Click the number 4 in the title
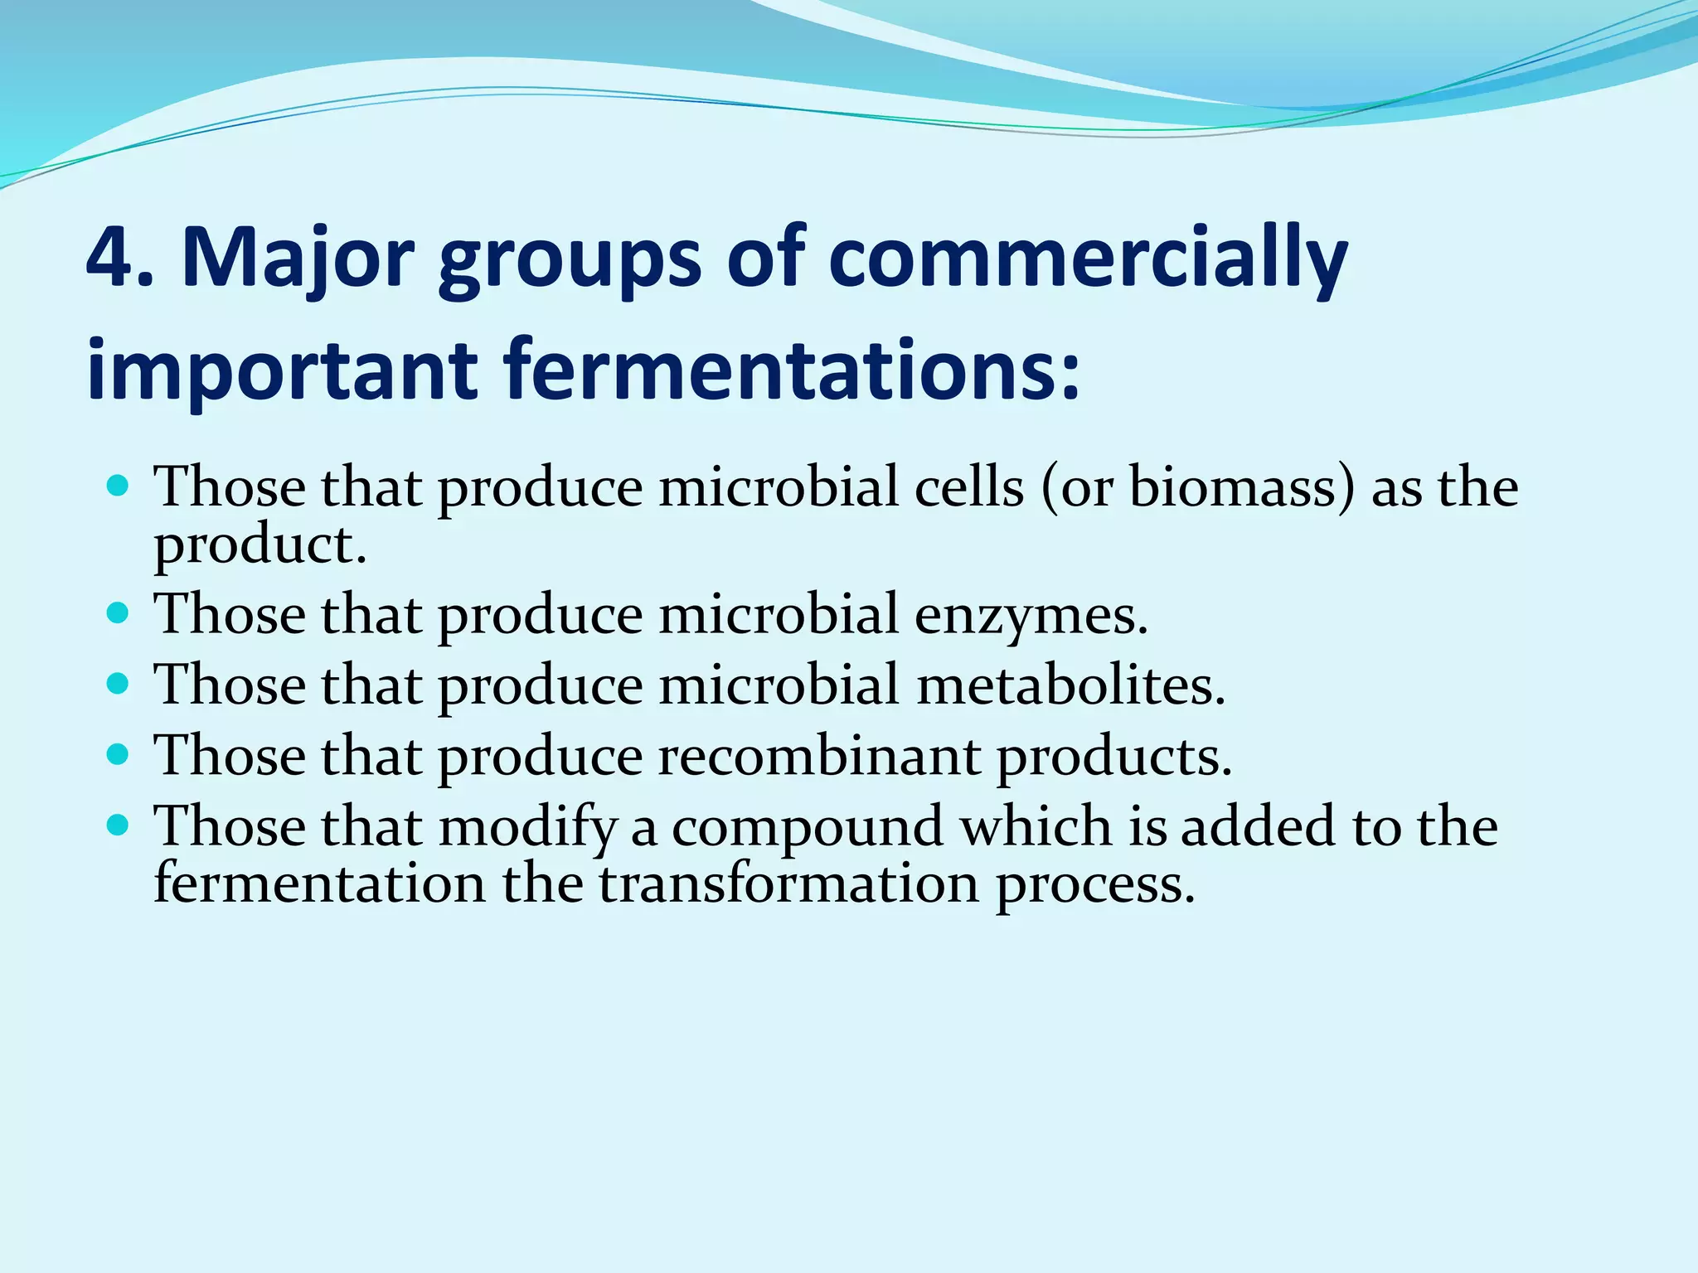tap(112, 259)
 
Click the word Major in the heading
tap(297, 259)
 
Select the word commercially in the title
tap(1087, 259)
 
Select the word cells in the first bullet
tap(969, 487)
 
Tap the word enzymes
tap(1031, 615)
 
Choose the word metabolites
tap(1070, 686)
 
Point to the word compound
tap(808, 827)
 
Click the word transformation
tap(788, 884)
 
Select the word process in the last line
tap(1094, 884)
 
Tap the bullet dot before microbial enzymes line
tap(119, 612)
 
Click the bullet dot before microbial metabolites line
tap(119, 684)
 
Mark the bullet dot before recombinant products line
tap(119, 754)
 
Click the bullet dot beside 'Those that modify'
tap(119, 825)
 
